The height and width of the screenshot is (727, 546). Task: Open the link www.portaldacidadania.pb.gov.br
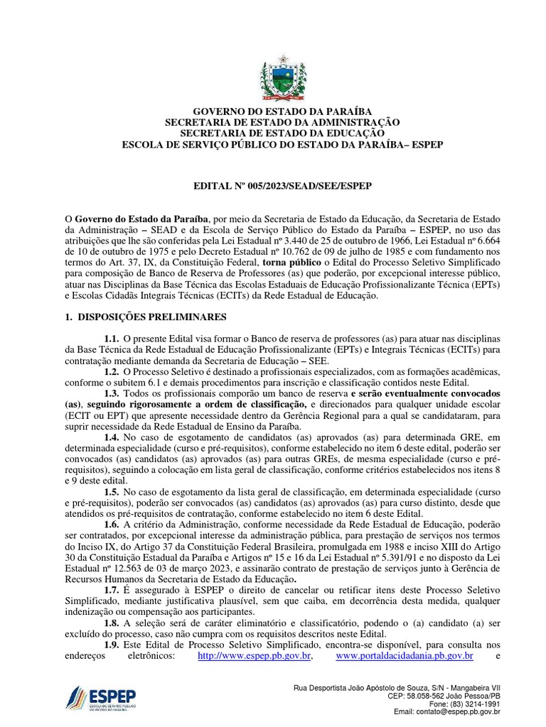(405, 655)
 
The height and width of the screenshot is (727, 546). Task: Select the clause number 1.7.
(111, 591)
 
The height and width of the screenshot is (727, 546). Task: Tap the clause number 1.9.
(111, 644)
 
